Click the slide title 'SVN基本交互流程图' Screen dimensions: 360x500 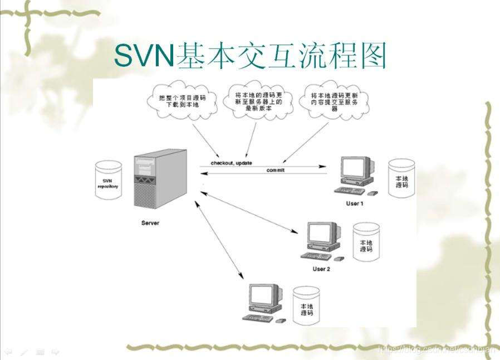coord(250,56)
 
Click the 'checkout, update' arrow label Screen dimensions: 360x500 coord(231,163)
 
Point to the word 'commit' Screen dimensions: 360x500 coord(275,170)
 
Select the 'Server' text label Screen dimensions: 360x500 coord(150,223)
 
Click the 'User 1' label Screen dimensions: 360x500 coord(354,203)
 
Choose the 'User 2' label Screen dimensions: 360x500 coord(321,269)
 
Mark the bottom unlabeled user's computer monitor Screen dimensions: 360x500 coord(262,297)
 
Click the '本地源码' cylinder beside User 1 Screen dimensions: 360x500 coord(401,180)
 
